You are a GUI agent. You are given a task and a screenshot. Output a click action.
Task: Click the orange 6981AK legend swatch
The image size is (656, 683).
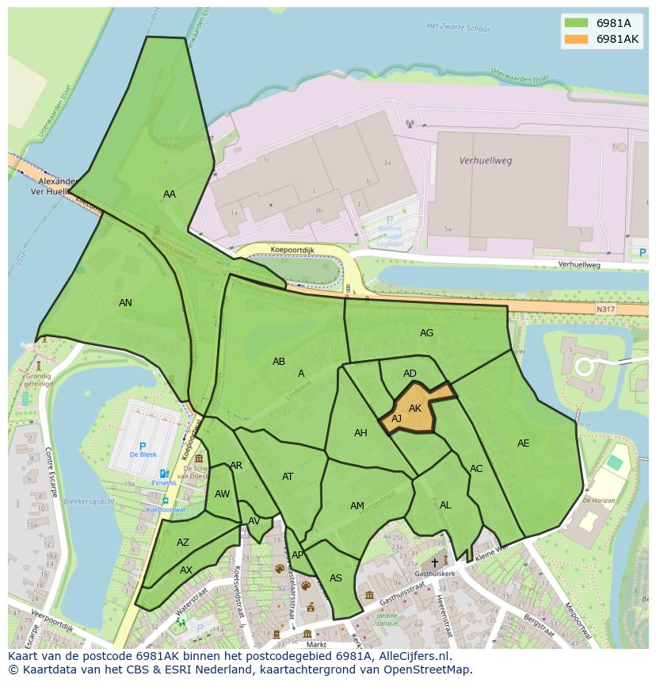(577, 39)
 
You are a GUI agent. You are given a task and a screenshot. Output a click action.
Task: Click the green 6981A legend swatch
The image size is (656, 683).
(577, 23)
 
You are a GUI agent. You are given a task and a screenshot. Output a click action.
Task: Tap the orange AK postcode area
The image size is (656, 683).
(415, 407)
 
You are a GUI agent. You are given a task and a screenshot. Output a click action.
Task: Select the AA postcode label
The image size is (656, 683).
(170, 194)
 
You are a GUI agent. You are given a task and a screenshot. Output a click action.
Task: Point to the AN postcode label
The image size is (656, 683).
(125, 302)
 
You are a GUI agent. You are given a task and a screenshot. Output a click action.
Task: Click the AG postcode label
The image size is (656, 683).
(426, 333)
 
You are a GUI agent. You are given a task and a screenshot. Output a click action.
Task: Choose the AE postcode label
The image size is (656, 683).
(523, 443)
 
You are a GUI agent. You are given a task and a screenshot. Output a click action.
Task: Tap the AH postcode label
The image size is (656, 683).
(360, 433)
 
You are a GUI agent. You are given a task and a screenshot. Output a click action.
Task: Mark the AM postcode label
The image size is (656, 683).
(357, 506)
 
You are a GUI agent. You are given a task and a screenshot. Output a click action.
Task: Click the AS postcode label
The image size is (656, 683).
(336, 578)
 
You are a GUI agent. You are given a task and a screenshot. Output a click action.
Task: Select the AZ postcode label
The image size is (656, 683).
(183, 543)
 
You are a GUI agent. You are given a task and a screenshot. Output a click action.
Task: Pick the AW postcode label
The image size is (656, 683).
(222, 494)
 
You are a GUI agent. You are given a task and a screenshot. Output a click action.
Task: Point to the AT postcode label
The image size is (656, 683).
(288, 477)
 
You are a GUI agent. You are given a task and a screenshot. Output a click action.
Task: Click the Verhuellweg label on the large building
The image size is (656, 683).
(486, 160)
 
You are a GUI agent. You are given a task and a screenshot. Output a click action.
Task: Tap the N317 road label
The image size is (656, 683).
(605, 309)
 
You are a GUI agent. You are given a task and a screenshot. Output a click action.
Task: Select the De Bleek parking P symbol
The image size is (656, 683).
(143, 447)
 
